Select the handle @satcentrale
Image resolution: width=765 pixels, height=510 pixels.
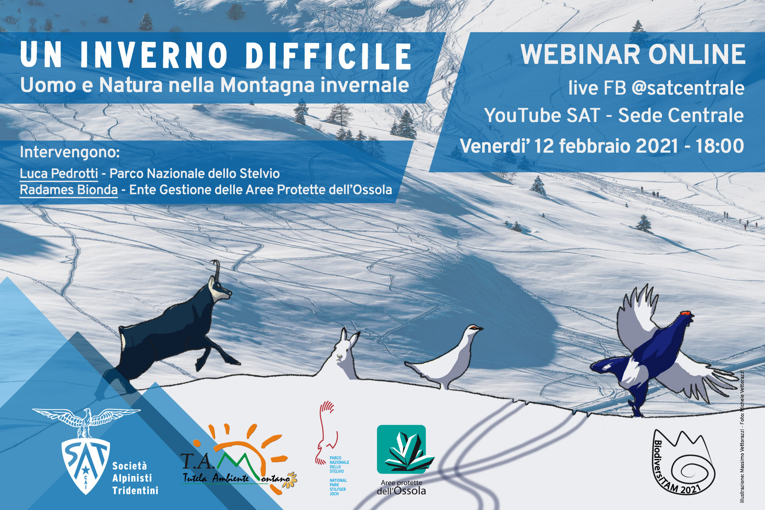tap(688, 88)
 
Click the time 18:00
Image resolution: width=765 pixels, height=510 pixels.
tap(720, 146)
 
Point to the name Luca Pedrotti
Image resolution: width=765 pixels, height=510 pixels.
tap(59, 174)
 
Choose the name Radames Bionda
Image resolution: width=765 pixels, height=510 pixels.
tap(69, 190)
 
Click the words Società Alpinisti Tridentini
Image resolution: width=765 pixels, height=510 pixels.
tap(135, 478)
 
